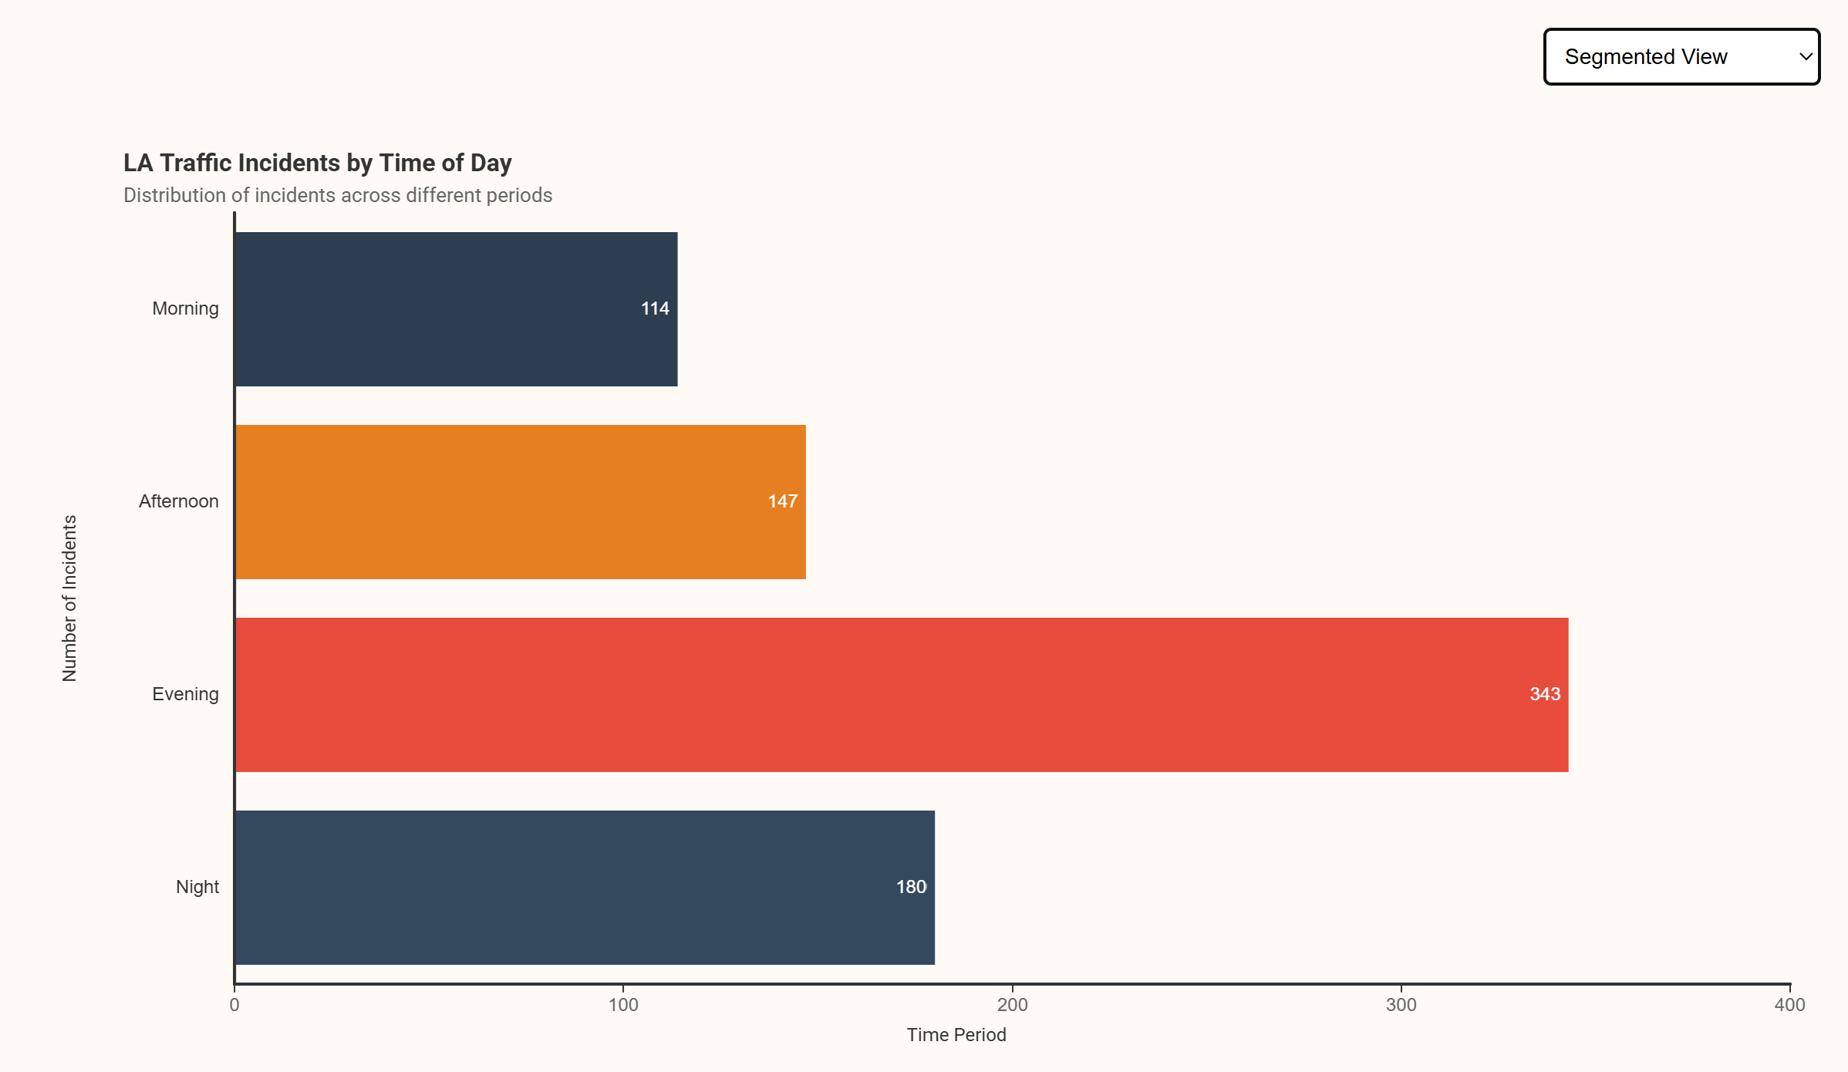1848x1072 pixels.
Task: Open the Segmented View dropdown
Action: pyautogui.click(x=1681, y=57)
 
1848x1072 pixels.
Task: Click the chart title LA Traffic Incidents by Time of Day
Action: pyautogui.click(x=317, y=163)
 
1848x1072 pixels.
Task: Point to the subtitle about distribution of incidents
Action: pyautogui.click(x=338, y=195)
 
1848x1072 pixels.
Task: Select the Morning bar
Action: pyautogui.click(x=456, y=309)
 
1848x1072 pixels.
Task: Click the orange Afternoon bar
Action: pyautogui.click(x=520, y=502)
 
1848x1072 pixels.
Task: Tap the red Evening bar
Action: pyautogui.click(x=902, y=695)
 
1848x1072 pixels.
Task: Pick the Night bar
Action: pyautogui.click(x=585, y=888)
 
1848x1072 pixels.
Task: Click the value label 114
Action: pyautogui.click(x=655, y=308)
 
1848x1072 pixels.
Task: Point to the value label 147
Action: pyautogui.click(x=782, y=501)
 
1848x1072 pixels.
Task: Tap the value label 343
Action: pyautogui.click(x=1545, y=694)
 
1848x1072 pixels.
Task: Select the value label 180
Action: pyautogui.click(x=911, y=887)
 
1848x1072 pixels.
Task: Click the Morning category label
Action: pyautogui.click(x=185, y=308)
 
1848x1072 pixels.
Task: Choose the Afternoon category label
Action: pyautogui.click(x=179, y=501)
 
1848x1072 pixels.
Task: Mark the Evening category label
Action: pyautogui.click(x=185, y=694)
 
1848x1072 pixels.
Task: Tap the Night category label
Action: pyautogui.click(x=197, y=887)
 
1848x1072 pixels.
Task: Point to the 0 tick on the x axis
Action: pyautogui.click(x=234, y=1005)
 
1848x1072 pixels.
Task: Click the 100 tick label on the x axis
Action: pyautogui.click(x=623, y=1005)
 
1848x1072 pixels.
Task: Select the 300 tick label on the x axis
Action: pyautogui.click(x=1401, y=1005)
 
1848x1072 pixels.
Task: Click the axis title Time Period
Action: pyautogui.click(x=956, y=1035)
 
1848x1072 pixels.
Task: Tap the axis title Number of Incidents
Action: pyautogui.click(x=69, y=598)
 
